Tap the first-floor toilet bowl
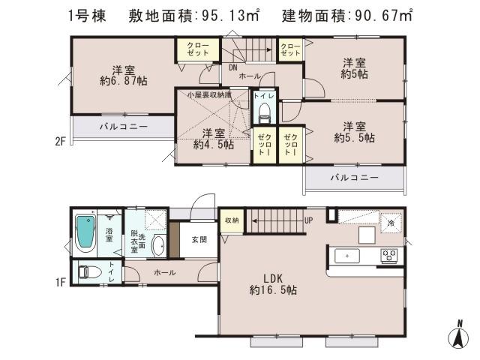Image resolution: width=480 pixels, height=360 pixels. [x=85, y=272]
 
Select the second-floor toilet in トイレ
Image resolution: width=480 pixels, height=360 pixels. [x=262, y=112]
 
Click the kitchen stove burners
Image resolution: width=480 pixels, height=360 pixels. [x=389, y=256]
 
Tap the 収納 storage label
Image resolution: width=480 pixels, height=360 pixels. [x=231, y=220]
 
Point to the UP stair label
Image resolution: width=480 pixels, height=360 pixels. [x=308, y=220]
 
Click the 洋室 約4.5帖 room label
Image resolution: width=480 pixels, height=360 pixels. [x=213, y=139]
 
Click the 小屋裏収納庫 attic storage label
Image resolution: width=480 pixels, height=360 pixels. [x=202, y=94]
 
